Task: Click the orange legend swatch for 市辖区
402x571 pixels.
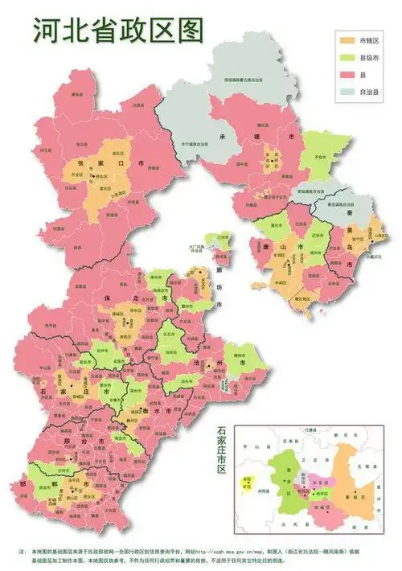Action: coord(347,39)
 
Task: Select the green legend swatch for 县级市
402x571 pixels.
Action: coord(347,57)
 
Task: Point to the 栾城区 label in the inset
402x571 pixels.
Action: coord(326,507)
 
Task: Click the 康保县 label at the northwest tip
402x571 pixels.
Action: coord(78,94)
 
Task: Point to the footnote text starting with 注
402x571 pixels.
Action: coord(201,555)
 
